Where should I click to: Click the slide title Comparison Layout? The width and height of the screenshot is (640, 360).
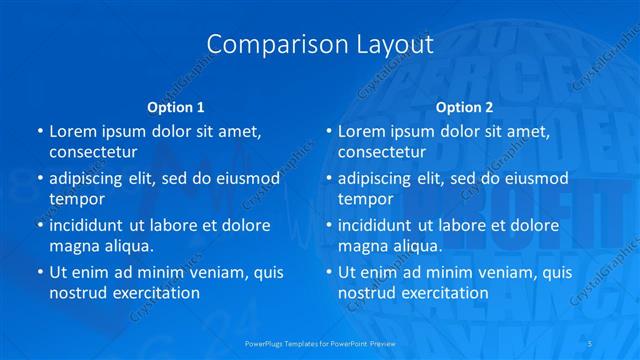319,45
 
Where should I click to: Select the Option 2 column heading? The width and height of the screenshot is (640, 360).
464,107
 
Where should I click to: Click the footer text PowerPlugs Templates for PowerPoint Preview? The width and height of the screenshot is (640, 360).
319,343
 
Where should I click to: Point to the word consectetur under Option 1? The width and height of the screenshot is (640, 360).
93,152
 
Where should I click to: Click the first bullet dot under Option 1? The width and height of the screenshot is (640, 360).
39,131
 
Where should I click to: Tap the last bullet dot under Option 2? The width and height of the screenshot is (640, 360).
328,272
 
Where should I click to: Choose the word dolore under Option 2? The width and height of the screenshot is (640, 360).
526,225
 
